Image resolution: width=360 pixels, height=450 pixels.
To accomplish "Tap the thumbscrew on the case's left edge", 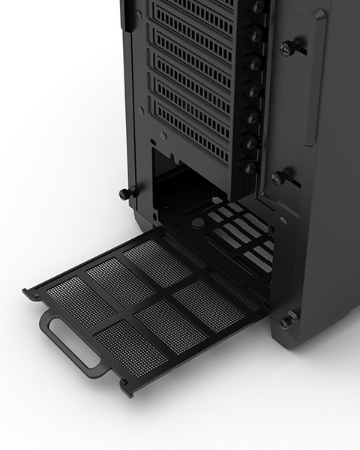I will click(x=126, y=193).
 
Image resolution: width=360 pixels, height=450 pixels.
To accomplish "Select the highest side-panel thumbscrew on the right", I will click(x=287, y=49).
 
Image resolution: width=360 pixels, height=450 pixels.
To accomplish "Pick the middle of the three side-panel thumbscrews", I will click(x=280, y=178).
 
